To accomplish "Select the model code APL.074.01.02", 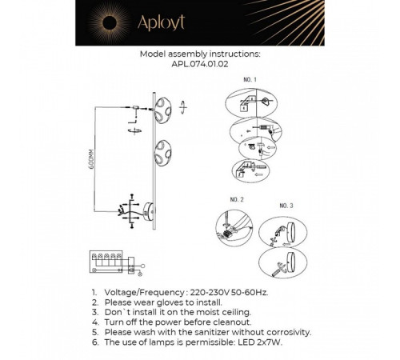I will pyautogui.click(x=199, y=67).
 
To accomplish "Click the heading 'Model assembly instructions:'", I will pyautogui.click(x=199, y=55).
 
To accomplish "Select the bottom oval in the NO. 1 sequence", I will pyautogui.click(x=249, y=170).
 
